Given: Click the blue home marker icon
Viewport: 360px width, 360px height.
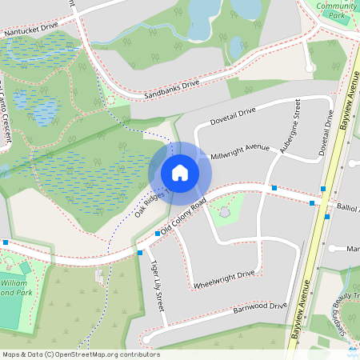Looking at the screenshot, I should (180, 173).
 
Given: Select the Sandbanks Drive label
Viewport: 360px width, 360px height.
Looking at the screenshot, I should (171, 89).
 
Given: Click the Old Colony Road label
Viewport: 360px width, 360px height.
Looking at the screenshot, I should (184, 216).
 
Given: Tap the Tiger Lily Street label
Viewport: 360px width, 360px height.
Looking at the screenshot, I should (158, 285).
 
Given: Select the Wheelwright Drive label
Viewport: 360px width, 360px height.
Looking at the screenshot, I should (224, 279).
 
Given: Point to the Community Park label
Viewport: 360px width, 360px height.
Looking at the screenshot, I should (337, 10).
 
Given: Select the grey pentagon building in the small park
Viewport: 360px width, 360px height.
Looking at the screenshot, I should (226, 213).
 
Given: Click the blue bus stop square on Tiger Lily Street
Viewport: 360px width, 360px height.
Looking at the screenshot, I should (140, 253).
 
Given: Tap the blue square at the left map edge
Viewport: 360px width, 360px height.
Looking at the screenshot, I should (6, 242).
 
